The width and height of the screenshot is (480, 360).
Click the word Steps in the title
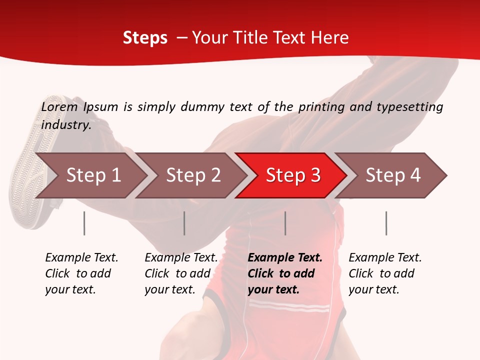145,38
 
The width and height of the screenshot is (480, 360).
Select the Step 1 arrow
93,175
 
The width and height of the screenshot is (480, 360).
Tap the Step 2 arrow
193,175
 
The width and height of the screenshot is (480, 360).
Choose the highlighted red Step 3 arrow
293,175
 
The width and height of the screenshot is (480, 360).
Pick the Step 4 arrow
393,175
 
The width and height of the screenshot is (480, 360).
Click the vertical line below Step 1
84,223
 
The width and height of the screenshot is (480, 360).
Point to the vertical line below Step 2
184,223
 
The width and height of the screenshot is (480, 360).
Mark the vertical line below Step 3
285,223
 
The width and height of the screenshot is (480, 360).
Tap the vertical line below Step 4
386,223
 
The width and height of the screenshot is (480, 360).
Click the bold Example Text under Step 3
285,273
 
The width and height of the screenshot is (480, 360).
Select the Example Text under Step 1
81,273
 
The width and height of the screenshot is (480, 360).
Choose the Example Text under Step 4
385,273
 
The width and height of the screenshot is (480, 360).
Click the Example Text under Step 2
181,273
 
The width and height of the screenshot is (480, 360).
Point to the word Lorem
59,107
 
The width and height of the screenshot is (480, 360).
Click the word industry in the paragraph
65,125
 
